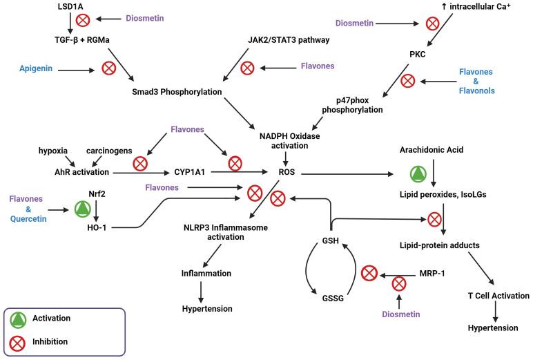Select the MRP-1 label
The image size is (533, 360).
(432, 274)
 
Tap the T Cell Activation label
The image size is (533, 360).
(498, 296)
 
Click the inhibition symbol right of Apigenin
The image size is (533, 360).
(108, 68)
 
